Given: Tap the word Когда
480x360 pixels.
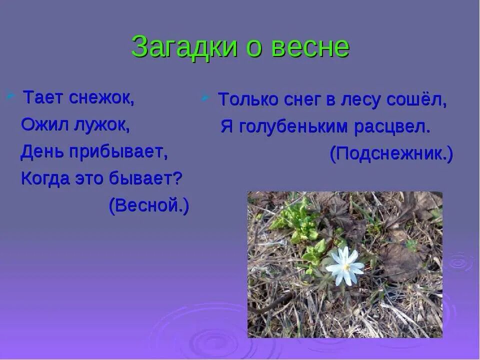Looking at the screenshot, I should [x=45, y=179].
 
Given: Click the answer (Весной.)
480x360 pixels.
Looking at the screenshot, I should [x=149, y=206].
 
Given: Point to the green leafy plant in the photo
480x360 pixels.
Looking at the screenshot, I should [x=299, y=220].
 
